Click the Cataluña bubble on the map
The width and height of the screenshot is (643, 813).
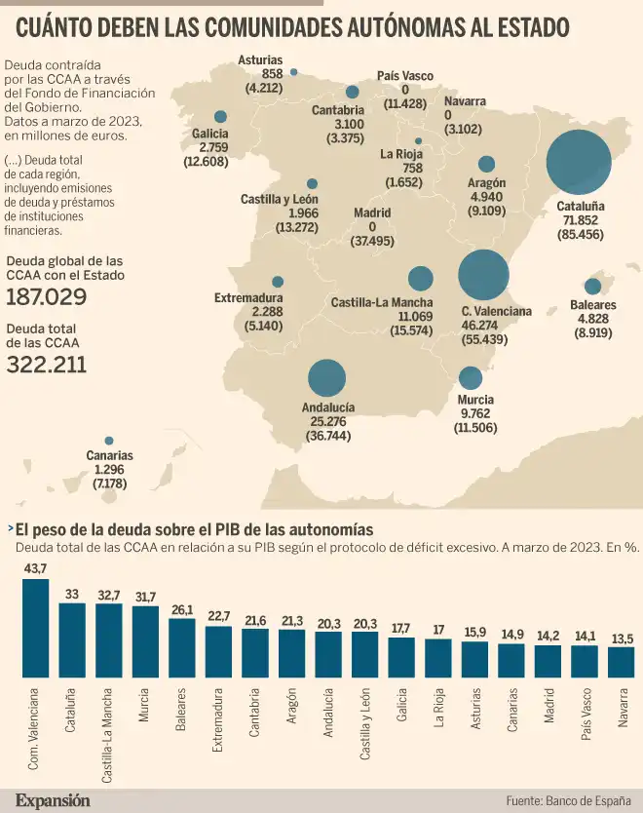click(x=585, y=164)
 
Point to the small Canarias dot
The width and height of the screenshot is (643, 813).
click(x=109, y=441)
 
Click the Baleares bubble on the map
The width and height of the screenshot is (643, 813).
click(x=592, y=287)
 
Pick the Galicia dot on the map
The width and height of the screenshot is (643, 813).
click(x=220, y=116)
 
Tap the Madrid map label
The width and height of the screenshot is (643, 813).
click(x=372, y=213)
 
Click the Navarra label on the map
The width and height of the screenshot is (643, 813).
click(x=464, y=101)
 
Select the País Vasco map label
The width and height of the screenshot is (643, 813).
click(x=404, y=76)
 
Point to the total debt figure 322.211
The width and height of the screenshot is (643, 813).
click(x=46, y=366)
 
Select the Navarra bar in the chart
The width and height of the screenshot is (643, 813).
click(x=621, y=661)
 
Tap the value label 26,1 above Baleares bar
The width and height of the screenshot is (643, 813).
click(x=181, y=611)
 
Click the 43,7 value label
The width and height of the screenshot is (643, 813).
click(x=35, y=568)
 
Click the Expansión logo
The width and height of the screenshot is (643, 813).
click(x=52, y=800)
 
